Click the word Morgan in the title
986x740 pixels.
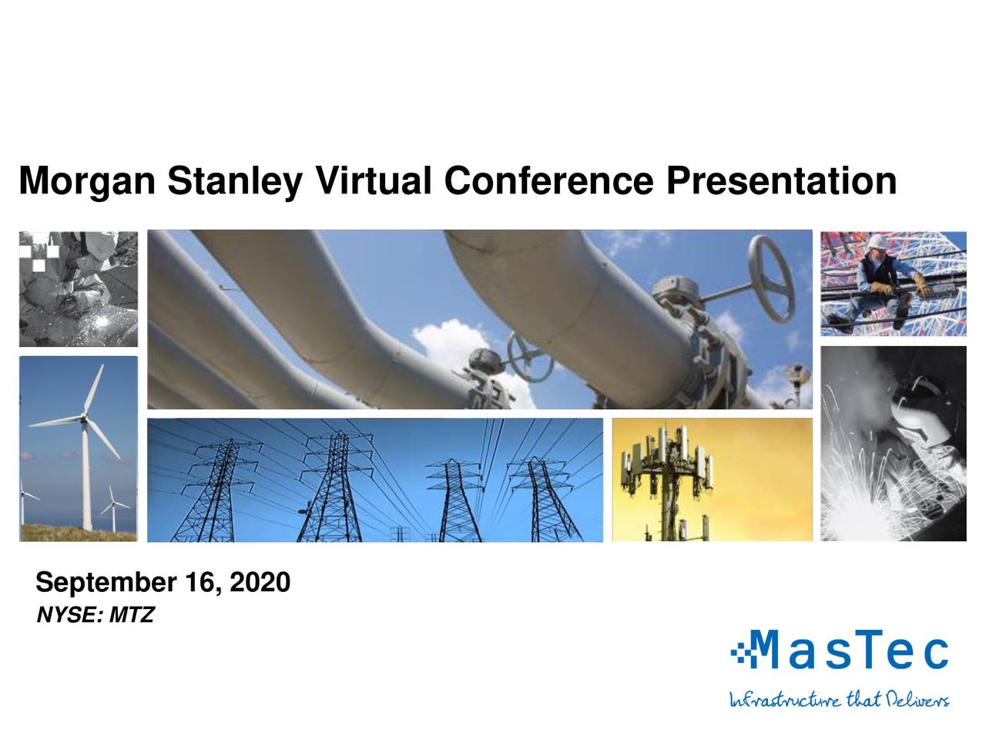point(87,183)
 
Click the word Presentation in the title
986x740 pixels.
point(781,181)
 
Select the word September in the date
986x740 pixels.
point(106,584)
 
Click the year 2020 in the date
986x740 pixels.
point(260,583)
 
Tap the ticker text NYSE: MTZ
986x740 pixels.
point(96,616)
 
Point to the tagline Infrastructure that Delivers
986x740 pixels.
point(839,700)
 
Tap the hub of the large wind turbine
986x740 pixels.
point(84,419)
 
